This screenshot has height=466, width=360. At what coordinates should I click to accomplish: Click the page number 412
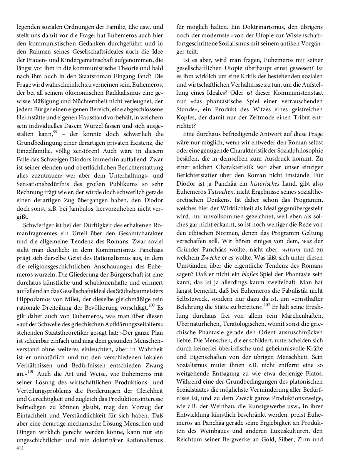coord(20,448)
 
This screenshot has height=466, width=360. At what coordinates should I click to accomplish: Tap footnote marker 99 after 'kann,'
coord(55,132)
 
